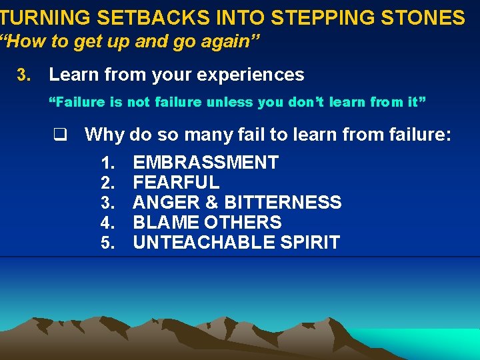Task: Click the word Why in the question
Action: point(105,135)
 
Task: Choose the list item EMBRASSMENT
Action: point(206,163)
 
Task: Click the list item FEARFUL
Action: point(176,183)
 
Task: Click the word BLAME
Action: point(163,223)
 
